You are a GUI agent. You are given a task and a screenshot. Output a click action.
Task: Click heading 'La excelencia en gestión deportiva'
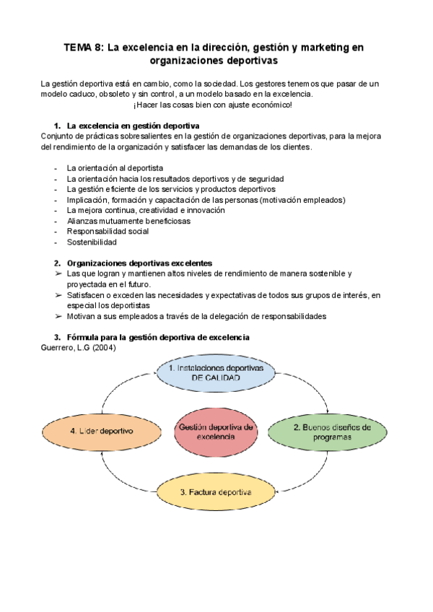(x=133, y=125)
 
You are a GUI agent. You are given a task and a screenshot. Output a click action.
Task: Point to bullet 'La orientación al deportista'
(x=114, y=168)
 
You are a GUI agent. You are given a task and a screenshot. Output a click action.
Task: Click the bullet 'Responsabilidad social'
(x=108, y=232)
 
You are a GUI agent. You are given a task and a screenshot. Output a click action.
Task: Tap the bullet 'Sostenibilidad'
(x=92, y=242)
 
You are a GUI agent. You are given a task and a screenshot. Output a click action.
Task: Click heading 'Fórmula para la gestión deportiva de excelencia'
(x=157, y=337)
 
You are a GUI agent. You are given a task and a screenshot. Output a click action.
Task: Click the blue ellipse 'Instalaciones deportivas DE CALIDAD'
(x=216, y=372)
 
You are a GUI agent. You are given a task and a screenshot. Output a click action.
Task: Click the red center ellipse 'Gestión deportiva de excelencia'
(x=216, y=432)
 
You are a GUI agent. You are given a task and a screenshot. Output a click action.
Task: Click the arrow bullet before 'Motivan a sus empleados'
(x=58, y=316)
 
